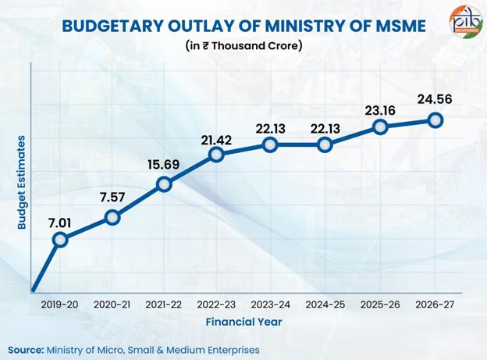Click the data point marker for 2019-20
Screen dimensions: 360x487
[x=59, y=239]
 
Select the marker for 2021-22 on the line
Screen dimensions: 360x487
[x=164, y=184]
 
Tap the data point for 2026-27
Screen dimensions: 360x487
[x=435, y=119]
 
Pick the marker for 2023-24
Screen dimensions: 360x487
[x=270, y=144]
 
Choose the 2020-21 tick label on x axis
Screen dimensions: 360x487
[x=112, y=305]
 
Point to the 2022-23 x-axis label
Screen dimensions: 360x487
[x=217, y=305]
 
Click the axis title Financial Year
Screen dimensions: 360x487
[x=243, y=322]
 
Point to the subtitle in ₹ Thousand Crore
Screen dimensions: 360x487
[x=243, y=45]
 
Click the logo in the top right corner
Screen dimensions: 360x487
[x=466, y=21]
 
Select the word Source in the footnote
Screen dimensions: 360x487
[x=26, y=349]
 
